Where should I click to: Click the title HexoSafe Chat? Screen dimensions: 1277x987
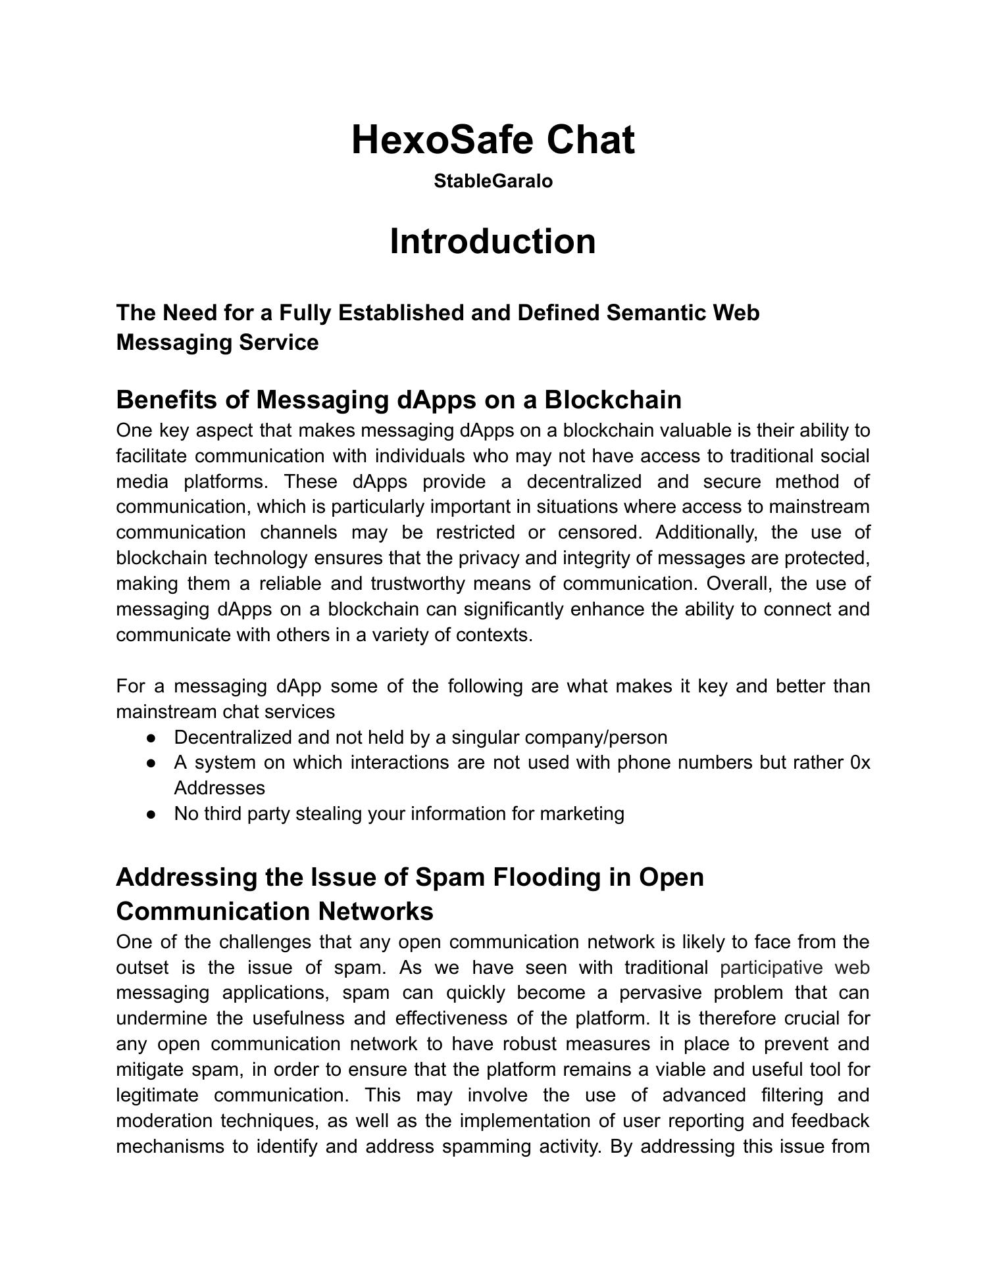pos(493,139)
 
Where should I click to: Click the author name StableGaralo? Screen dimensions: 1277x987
pos(493,181)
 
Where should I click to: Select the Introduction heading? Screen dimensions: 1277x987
pos(493,241)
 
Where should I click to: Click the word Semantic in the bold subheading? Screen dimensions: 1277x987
pos(655,312)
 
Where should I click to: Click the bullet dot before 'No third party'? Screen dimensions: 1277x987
pos(151,814)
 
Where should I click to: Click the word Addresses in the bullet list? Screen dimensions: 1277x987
pos(219,788)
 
